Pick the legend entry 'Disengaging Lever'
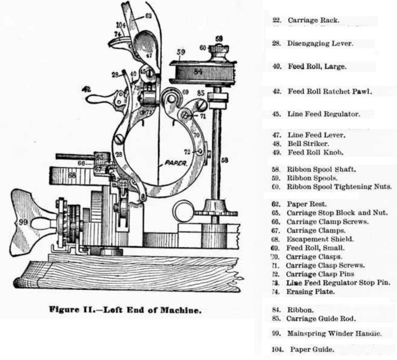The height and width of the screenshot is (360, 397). pyautogui.click(x=321, y=44)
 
